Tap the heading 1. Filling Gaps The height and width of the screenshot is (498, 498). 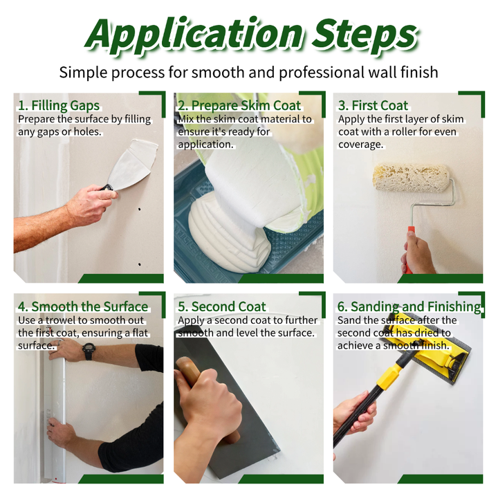click(59, 105)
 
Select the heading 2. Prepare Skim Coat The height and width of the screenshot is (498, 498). click(239, 105)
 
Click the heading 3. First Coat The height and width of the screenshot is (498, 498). click(373, 105)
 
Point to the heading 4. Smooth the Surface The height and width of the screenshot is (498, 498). click(83, 306)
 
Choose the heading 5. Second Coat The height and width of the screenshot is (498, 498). click(222, 306)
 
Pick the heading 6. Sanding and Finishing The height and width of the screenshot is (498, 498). click(409, 307)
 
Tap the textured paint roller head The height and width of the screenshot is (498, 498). click(411, 177)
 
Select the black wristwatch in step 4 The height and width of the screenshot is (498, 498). click(89, 351)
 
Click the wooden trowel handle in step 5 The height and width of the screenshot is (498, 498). click(206, 397)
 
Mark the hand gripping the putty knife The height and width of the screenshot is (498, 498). click(91, 204)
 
